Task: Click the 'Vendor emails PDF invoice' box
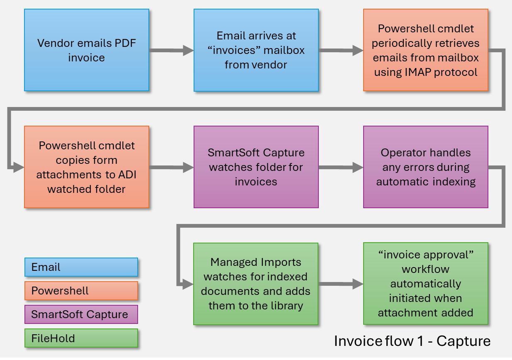point(86,50)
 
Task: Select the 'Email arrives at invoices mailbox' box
point(256,50)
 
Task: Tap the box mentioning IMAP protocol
point(425,50)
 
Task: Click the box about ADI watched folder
point(86,167)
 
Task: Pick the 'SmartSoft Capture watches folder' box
point(256,167)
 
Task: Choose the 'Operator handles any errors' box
point(425,167)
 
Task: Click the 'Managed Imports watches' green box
point(256,284)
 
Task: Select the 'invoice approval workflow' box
point(425,284)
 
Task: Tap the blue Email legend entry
point(81,267)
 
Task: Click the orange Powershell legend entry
point(81,290)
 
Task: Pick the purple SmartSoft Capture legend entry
point(81,314)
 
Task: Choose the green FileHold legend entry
point(81,338)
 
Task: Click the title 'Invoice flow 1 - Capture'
point(412,341)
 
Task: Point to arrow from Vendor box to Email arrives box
point(171,51)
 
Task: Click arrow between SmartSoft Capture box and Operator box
point(340,168)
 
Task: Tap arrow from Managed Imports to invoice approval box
point(340,284)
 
